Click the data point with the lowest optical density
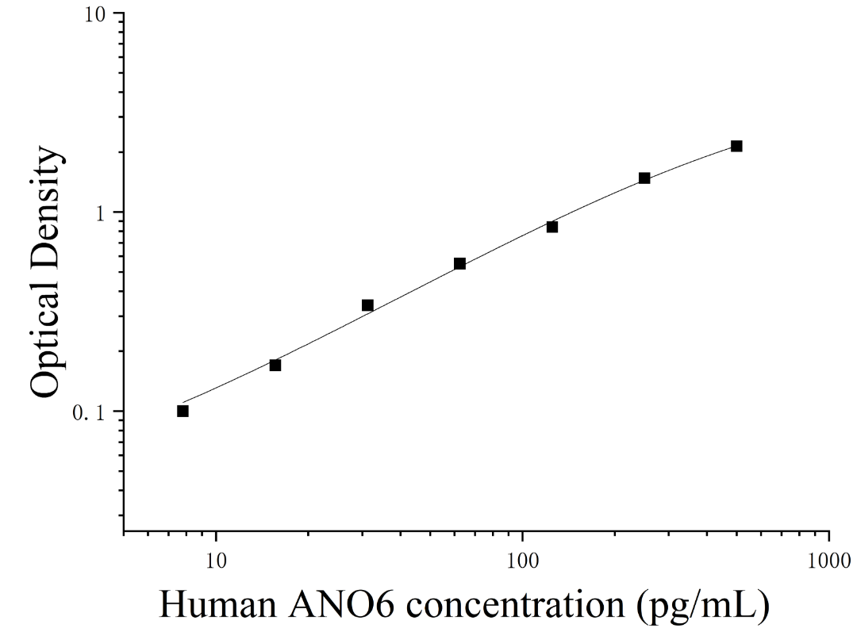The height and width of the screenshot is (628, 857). pyautogui.click(x=183, y=412)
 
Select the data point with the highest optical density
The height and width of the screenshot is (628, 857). pyautogui.click(x=736, y=146)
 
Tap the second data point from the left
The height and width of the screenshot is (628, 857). pyautogui.click(x=275, y=366)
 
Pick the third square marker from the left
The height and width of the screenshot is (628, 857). pyautogui.click(x=368, y=305)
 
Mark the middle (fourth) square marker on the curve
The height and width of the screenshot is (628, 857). pyautogui.click(x=459, y=264)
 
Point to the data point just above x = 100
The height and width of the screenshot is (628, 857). pyautogui.click(x=552, y=227)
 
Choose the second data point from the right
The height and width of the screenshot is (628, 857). pyautogui.click(x=644, y=178)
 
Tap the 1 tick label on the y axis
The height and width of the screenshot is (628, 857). pyautogui.click(x=100, y=213)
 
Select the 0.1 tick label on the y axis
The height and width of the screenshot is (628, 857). pyautogui.click(x=89, y=412)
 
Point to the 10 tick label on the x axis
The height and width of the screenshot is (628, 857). pyautogui.click(x=217, y=560)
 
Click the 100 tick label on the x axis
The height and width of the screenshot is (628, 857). pyautogui.click(x=523, y=560)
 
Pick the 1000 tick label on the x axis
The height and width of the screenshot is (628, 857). pyautogui.click(x=829, y=560)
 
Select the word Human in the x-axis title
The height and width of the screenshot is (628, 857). pyautogui.click(x=217, y=604)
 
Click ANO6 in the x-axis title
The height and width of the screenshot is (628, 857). pyautogui.click(x=341, y=604)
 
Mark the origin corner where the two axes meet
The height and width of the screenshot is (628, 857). pyautogui.click(x=124, y=530)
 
